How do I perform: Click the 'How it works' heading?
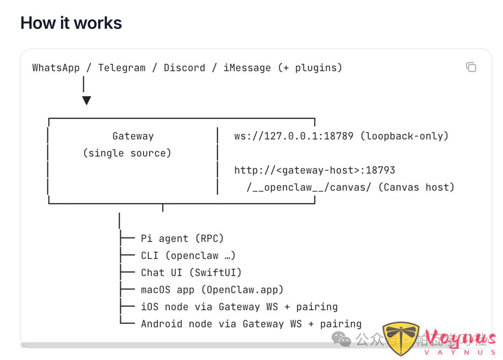click(71, 23)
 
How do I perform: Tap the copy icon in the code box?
click(471, 67)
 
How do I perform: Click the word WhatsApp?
click(56, 68)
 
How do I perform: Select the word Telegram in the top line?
click(122, 68)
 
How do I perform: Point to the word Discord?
click(184, 68)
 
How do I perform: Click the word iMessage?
click(247, 68)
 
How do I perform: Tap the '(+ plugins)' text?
click(310, 68)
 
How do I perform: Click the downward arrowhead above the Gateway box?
click(86, 100)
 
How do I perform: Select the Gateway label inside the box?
click(133, 136)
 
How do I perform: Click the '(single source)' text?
click(127, 153)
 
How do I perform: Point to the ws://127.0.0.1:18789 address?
click(294, 136)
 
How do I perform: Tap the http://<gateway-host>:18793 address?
click(314, 170)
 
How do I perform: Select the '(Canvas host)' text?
click(416, 188)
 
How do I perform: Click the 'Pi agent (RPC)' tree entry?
click(182, 239)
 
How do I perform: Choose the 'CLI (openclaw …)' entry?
click(188, 256)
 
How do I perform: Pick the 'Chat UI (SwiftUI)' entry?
click(191, 273)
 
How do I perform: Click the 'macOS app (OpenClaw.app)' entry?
click(212, 290)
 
